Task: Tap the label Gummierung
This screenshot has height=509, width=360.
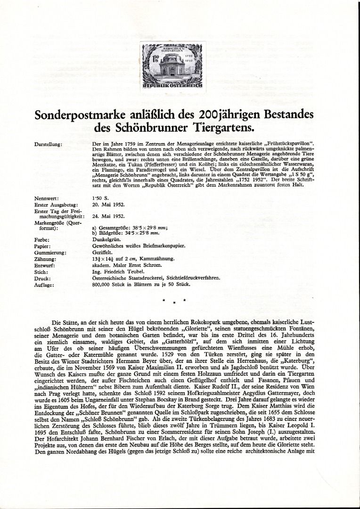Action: pyautogui.click(x=50, y=253)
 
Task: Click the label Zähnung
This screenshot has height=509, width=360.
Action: pyautogui.click(x=46, y=259)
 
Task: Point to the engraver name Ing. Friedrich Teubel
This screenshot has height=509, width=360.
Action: pyautogui.click(x=117, y=272)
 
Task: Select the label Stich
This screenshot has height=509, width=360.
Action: pyautogui.click(x=41, y=272)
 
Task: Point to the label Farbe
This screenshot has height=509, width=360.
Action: pyautogui.click(x=42, y=239)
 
